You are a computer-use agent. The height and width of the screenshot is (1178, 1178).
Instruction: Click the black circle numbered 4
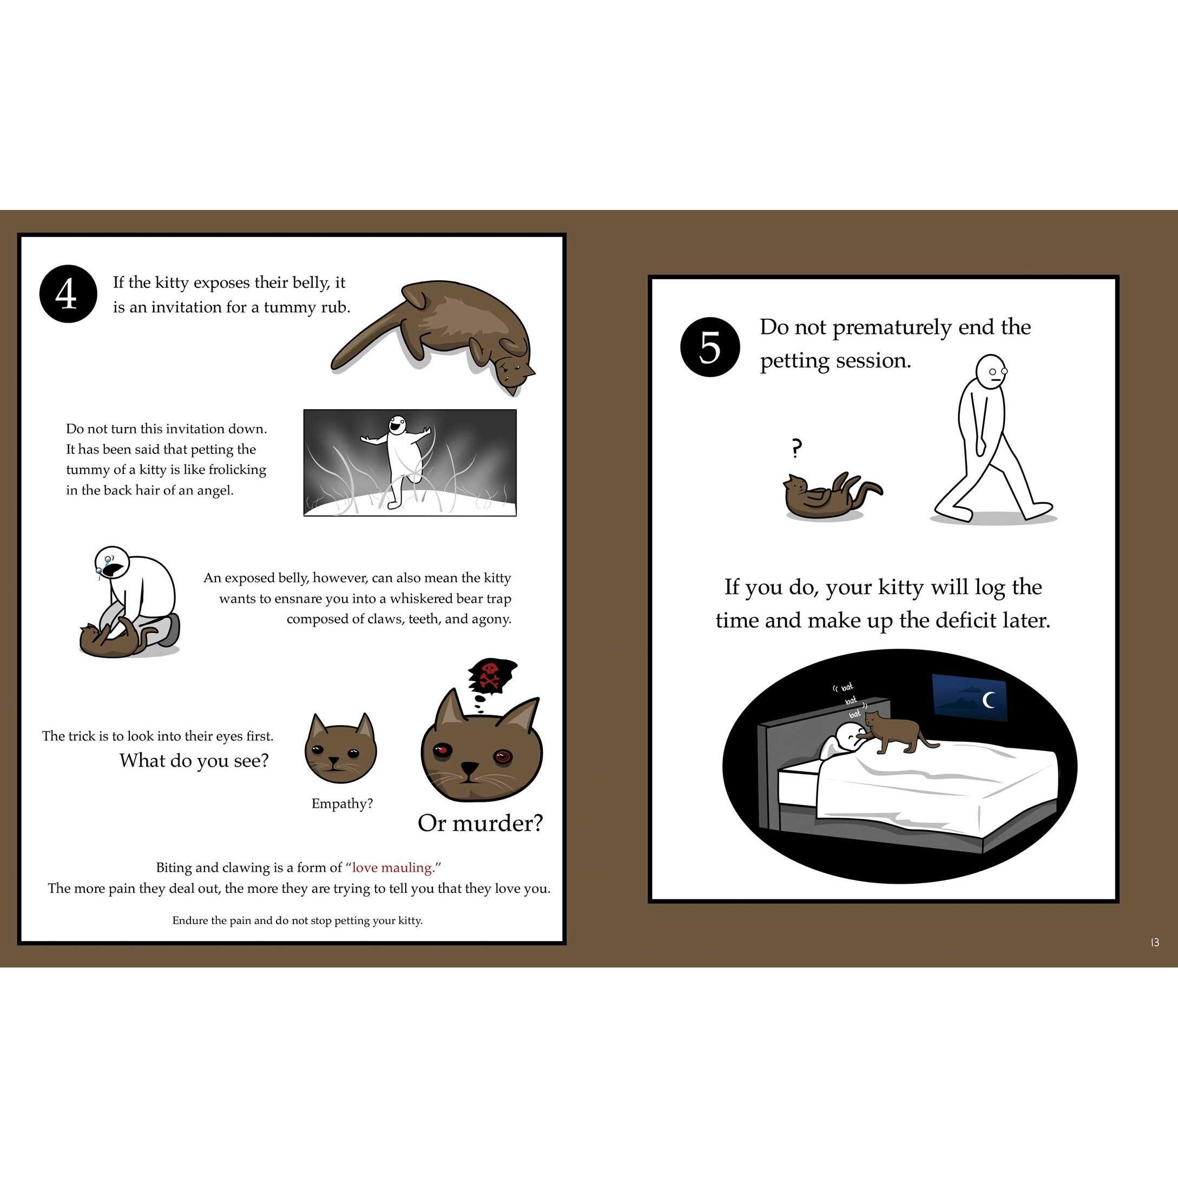tap(68, 294)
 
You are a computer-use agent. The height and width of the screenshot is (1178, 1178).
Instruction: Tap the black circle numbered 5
tap(710, 347)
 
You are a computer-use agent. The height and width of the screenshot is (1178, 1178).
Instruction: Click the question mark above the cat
tap(795, 449)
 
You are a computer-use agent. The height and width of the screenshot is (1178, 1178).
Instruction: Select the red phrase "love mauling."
tap(393, 867)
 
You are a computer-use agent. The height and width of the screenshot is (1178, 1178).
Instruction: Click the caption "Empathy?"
tap(342, 804)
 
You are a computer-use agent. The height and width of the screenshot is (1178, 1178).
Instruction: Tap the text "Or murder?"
tap(480, 823)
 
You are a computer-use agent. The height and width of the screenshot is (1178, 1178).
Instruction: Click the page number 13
tap(1154, 942)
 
